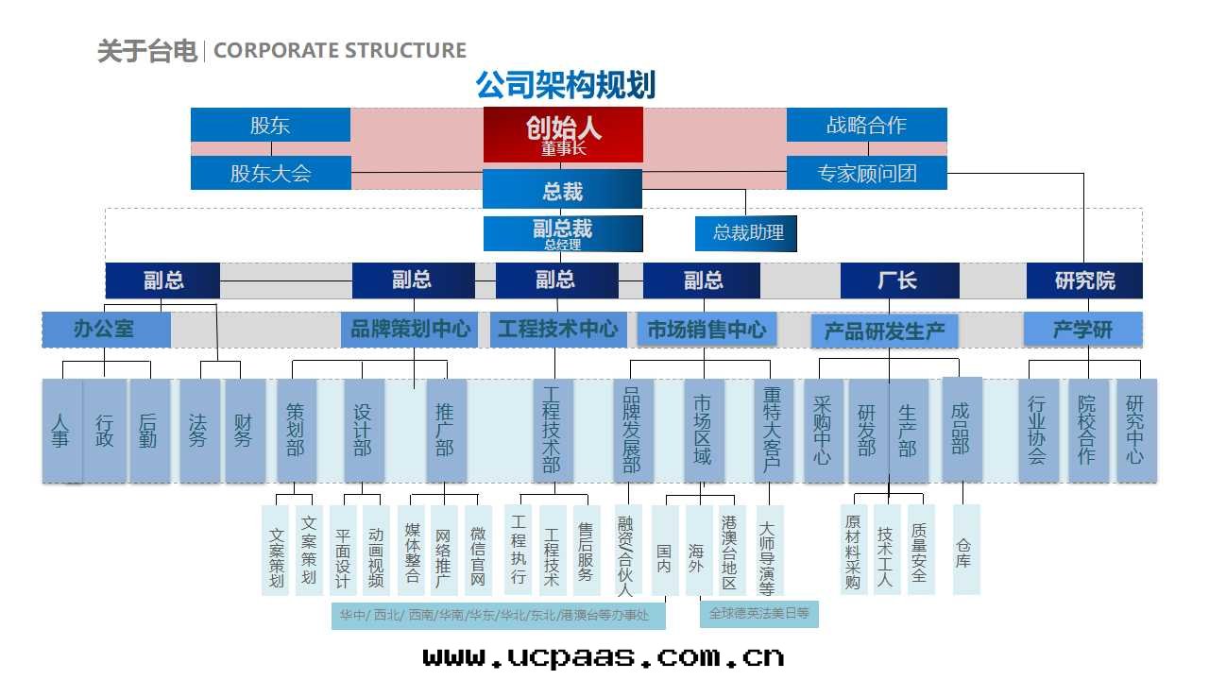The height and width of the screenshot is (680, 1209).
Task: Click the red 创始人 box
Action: pyautogui.click(x=563, y=133)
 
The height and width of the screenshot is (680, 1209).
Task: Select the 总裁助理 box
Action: pyautogui.click(x=747, y=232)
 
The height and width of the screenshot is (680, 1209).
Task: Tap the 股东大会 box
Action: pyautogui.click(x=270, y=174)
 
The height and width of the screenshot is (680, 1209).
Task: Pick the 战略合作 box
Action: pyautogui.click(x=866, y=125)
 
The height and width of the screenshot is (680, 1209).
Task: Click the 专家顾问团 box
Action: pyautogui.click(x=866, y=174)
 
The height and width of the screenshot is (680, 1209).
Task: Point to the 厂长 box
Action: pyautogui.click(x=898, y=280)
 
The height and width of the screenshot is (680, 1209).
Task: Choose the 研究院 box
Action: pyautogui.click(x=1084, y=280)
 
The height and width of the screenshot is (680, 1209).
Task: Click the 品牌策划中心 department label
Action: pyautogui.click(x=410, y=330)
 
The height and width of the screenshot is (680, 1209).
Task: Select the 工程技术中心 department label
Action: pyautogui.click(x=557, y=330)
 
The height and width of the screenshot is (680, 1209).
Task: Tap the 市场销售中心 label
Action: pyautogui.click(x=707, y=330)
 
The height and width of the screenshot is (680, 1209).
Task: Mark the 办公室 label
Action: pyautogui.click(x=105, y=330)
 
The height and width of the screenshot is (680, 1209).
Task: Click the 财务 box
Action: pyautogui.click(x=244, y=431)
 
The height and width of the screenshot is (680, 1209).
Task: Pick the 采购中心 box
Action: pyautogui.click(x=822, y=431)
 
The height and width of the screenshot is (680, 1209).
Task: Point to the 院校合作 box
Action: pyautogui.click(x=1087, y=431)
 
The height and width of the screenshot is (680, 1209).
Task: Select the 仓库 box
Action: pyautogui.click(x=964, y=550)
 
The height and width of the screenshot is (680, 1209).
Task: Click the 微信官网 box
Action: pyautogui.click(x=478, y=552)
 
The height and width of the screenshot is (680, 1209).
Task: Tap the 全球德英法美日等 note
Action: pyautogui.click(x=758, y=613)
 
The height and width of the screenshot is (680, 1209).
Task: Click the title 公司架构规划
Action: pyautogui.click(x=565, y=85)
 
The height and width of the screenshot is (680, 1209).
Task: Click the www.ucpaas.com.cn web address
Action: pyautogui.click(x=603, y=655)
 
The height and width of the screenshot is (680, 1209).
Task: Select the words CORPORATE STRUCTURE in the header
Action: pyautogui.click(x=340, y=50)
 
